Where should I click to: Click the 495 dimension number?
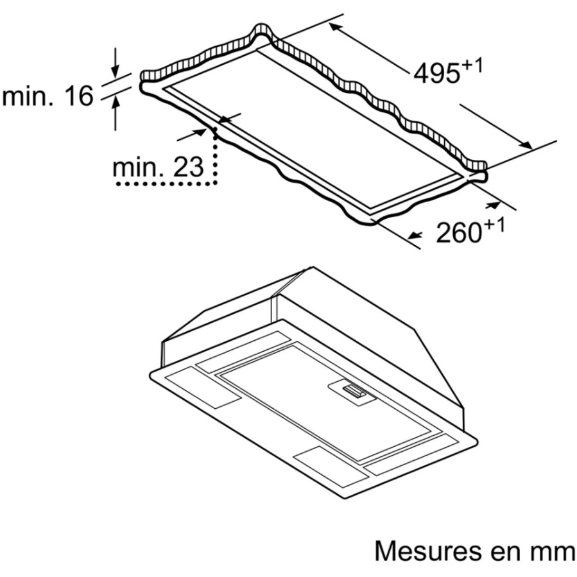pyautogui.click(x=437, y=74)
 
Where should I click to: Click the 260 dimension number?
pyautogui.click(x=458, y=232)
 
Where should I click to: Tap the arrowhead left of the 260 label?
pyautogui.click(x=415, y=235)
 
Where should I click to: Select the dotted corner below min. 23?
pyautogui.click(x=216, y=183)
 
